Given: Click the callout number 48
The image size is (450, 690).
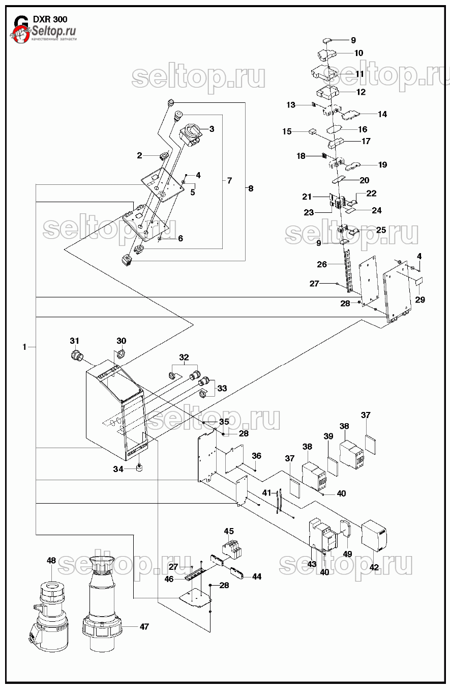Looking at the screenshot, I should pyautogui.click(x=51, y=561).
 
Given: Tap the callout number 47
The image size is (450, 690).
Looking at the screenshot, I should pyautogui.click(x=144, y=626).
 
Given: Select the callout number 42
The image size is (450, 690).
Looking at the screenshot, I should pyautogui.click(x=374, y=567).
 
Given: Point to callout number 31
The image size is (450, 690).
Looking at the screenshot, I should pyautogui.click(x=75, y=341).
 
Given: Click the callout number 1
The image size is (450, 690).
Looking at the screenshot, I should pyautogui.click(x=24, y=347).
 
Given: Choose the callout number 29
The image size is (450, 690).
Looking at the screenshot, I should pyautogui.click(x=420, y=299).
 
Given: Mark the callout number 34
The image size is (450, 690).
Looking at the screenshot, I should pyautogui.click(x=118, y=469).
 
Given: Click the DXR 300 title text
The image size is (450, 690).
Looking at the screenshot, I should pyautogui.click(x=50, y=19).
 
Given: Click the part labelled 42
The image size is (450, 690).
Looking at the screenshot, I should pyautogui.click(x=375, y=535).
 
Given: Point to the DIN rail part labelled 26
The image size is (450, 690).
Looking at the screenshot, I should pyautogui.click(x=348, y=271).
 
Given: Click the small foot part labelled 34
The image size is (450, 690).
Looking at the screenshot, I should pyautogui.click(x=138, y=467).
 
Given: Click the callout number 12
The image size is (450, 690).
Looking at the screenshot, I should pyautogui.click(x=361, y=92).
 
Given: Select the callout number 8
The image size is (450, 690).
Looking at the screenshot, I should pyautogui.click(x=250, y=188).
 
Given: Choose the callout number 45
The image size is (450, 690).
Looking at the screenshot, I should pyautogui.click(x=229, y=532).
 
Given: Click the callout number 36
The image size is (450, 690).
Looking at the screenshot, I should pyautogui.click(x=256, y=456).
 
